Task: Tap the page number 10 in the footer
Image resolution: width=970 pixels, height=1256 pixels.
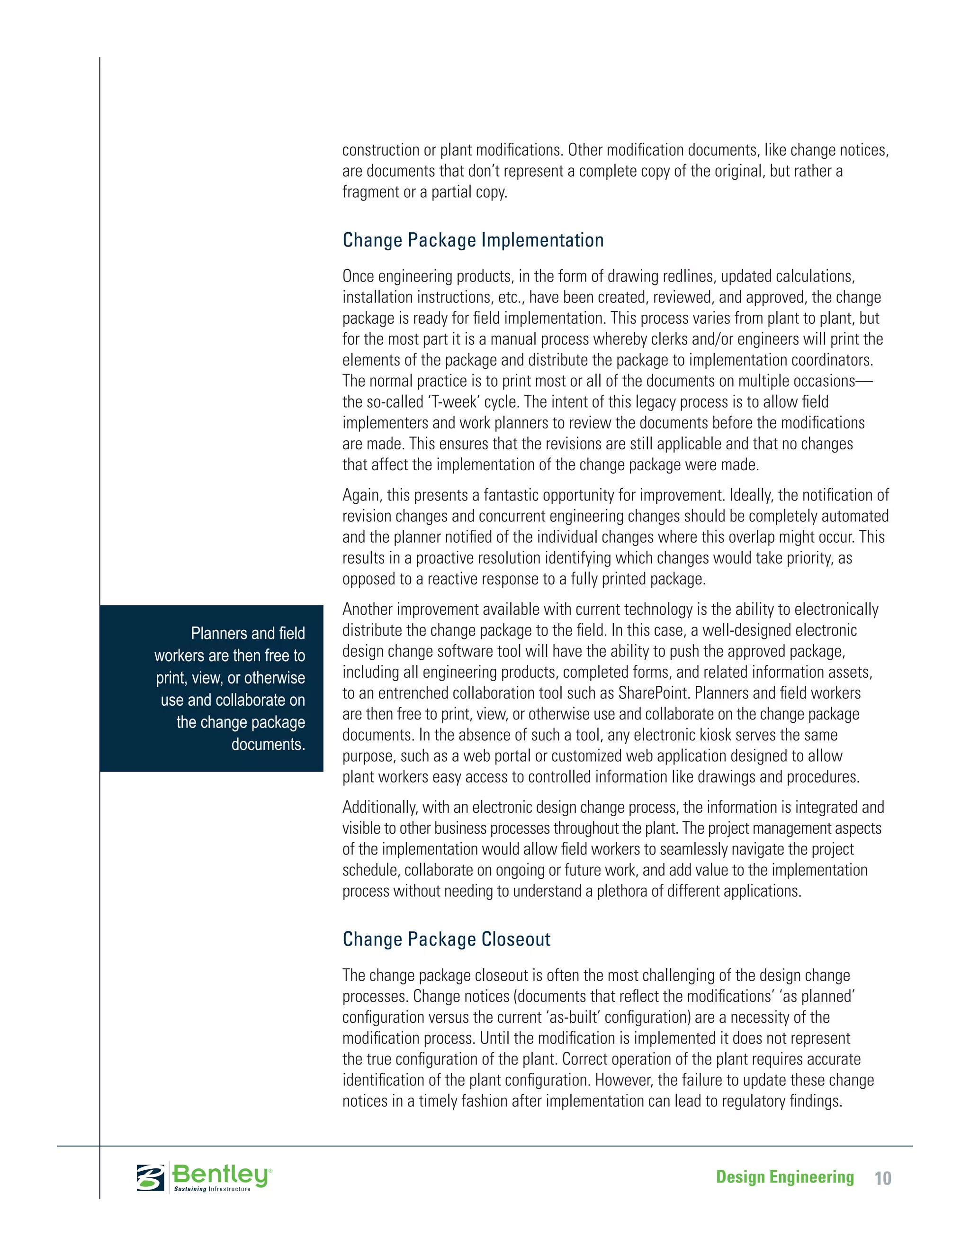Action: [883, 1179]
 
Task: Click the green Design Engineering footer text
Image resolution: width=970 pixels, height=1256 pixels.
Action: [784, 1178]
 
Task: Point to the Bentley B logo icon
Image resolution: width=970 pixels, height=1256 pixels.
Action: [151, 1177]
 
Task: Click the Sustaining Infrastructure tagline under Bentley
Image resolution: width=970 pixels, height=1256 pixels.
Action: [212, 1189]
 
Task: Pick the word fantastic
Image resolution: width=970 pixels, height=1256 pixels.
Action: [510, 495]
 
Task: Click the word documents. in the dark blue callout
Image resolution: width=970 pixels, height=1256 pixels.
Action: [268, 745]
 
